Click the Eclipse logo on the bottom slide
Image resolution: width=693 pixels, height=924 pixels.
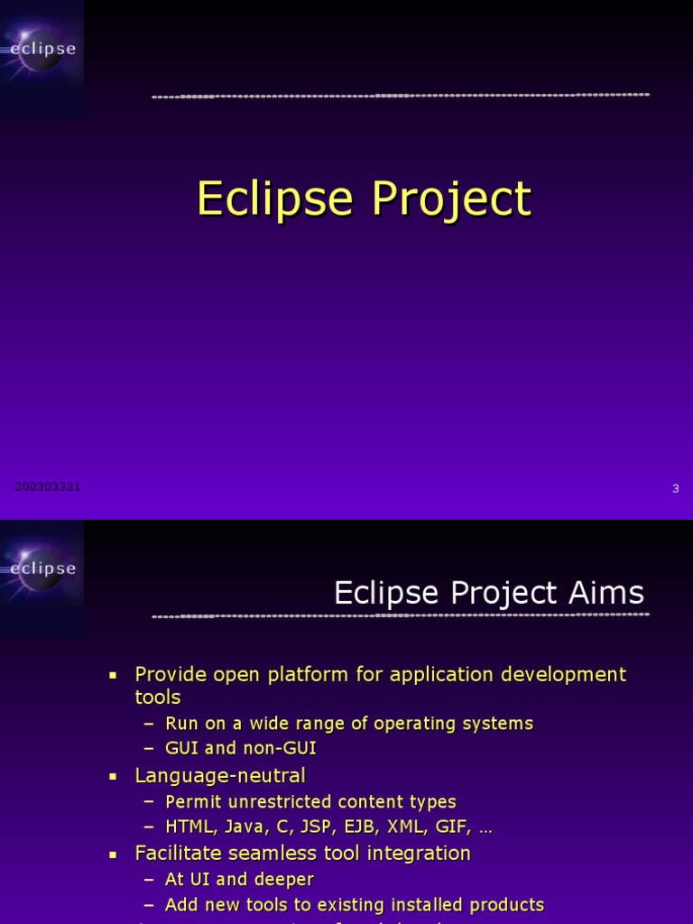(x=42, y=568)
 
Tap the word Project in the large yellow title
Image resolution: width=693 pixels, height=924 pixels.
(x=448, y=199)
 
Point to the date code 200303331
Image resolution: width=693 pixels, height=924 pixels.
(x=48, y=487)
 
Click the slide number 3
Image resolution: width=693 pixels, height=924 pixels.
(x=675, y=489)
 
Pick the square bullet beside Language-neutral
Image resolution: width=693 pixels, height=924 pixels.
(x=113, y=776)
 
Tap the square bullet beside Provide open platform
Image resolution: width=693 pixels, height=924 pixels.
(x=113, y=675)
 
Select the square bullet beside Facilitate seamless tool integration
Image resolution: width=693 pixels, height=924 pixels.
(x=113, y=854)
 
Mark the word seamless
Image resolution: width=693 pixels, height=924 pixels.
(x=264, y=854)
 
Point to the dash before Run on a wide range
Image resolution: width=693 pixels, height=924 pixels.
(x=149, y=724)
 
